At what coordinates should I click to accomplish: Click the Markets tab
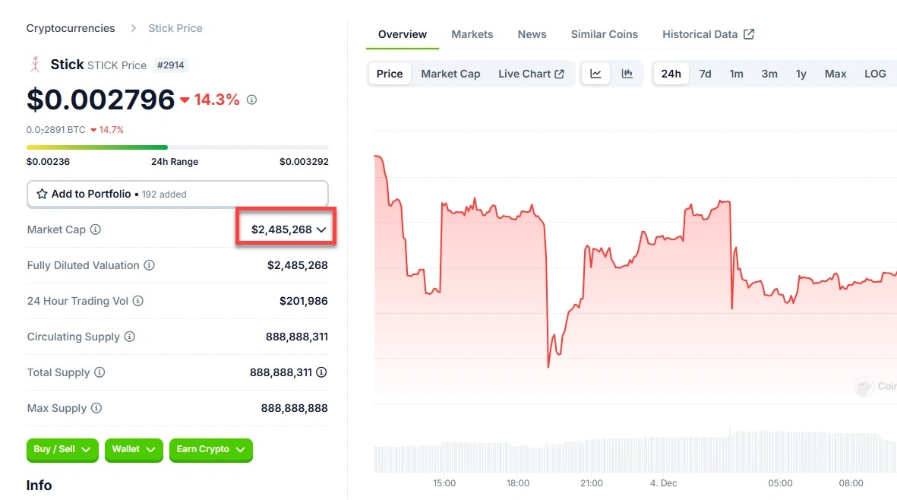(472, 34)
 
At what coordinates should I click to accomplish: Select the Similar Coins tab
(604, 34)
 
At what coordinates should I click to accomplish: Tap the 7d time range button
(705, 74)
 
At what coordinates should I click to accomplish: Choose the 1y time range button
(801, 74)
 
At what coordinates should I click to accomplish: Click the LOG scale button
(875, 74)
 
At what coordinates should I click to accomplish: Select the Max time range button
(835, 74)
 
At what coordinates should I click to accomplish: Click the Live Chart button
(531, 74)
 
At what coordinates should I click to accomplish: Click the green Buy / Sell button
(62, 449)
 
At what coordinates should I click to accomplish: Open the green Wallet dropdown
(134, 449)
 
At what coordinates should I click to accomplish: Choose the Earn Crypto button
(210, 449)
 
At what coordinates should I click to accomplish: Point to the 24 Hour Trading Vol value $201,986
(304, 301)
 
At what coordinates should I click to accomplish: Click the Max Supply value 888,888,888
(294, 408)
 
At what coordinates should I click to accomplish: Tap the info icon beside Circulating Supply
(130, 337)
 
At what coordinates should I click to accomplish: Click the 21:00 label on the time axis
(591, 483)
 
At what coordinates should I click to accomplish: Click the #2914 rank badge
(171, 65)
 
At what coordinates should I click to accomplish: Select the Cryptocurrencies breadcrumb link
(71, 28)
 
